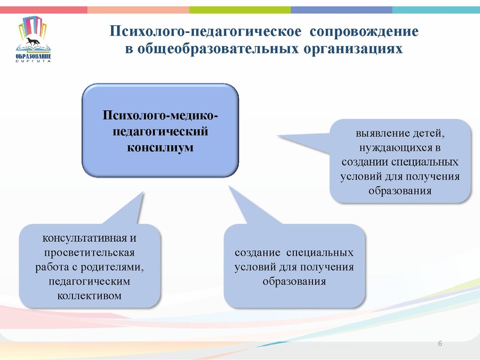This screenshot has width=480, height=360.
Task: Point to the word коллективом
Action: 90,295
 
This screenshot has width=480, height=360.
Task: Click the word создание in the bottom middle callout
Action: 257,253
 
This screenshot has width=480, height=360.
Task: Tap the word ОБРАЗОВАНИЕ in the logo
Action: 34,56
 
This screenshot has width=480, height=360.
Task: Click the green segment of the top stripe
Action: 240,10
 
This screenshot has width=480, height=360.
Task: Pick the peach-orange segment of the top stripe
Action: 138,10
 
